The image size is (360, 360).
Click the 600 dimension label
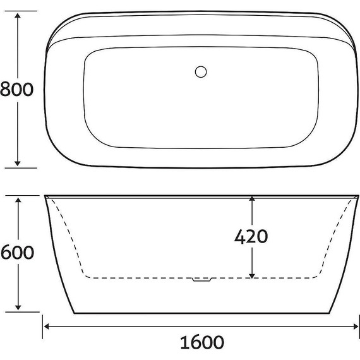pos(16,253)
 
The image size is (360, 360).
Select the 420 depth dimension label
pos(251,236)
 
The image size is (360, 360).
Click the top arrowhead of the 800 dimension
pos(18,15)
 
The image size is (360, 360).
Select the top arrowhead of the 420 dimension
pos(252,200)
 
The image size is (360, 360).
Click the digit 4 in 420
pos(241,236)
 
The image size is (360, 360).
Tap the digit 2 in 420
pos(251,236)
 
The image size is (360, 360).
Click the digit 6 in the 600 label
pos(6,253)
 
